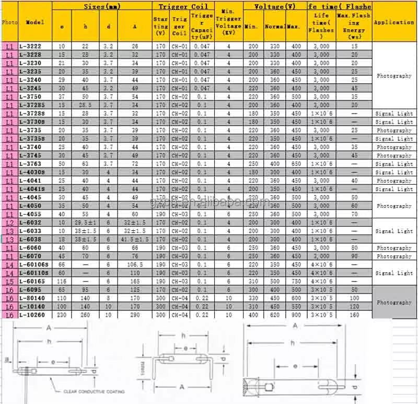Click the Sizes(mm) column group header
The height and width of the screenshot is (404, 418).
(102, 6)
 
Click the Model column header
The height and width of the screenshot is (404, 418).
(35, 23)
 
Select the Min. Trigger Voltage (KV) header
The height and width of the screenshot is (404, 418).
(228, 23)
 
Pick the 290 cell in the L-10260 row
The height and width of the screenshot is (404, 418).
(135, 315)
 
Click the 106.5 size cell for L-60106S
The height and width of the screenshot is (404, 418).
(135, 264)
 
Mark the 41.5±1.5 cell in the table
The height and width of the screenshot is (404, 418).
(135, 239)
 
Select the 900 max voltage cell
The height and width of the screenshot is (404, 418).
(296, 315)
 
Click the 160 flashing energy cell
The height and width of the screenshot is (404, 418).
(354, 315)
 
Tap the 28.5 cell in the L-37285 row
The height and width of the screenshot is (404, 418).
(86, 105)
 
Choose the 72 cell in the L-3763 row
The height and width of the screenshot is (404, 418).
(135, 164)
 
